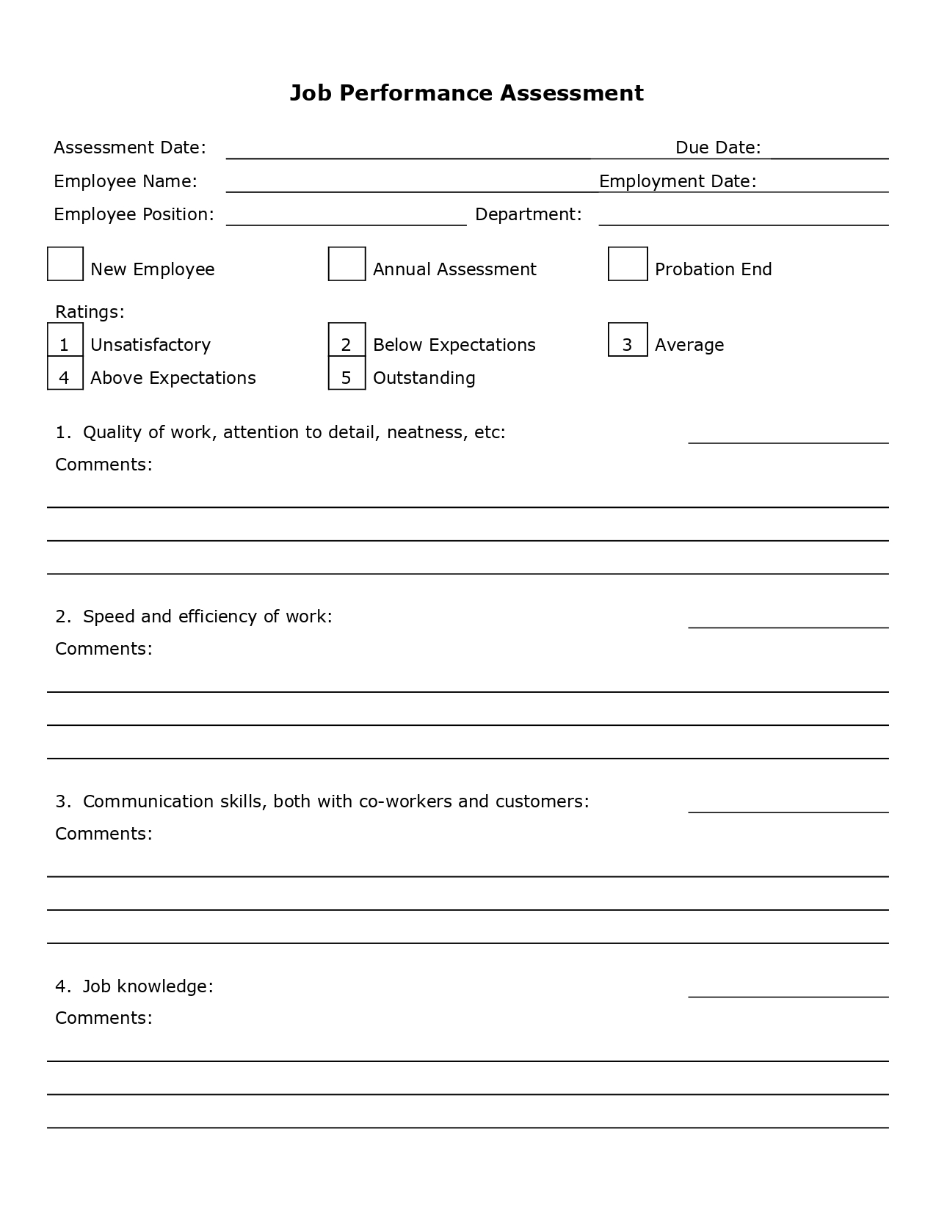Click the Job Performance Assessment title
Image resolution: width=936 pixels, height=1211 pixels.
[x=466, y=93]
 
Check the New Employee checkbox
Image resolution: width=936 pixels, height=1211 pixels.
[x=65, y=264]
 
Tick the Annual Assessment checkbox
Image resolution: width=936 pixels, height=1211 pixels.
[x=347, y=264]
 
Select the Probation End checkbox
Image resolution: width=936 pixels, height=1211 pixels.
[x=628, y=264]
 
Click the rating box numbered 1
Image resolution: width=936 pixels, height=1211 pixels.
[x=65, y=341]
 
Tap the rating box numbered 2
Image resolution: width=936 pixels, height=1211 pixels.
[x=347, y=341]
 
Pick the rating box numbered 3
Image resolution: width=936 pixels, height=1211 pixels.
[x=628, y=340]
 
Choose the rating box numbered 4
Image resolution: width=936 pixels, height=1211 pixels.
[x=65, y=374]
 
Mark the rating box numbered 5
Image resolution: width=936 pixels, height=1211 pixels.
[x=347, y=374]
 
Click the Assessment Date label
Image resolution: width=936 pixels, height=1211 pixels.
[x=130, y=148]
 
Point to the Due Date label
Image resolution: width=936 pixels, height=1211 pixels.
[x=718, y=148]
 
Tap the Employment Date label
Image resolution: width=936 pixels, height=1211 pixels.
[x=678, y=181]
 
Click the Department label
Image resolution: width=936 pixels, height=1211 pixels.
[x=529, y=214]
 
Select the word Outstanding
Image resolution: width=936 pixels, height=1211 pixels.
[x=424, y=378]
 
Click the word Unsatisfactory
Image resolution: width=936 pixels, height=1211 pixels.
[x=150, y=345]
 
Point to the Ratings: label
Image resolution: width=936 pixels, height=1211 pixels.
[x=90, y=312]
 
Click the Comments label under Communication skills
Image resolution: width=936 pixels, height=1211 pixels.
[x=104, y=834]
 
